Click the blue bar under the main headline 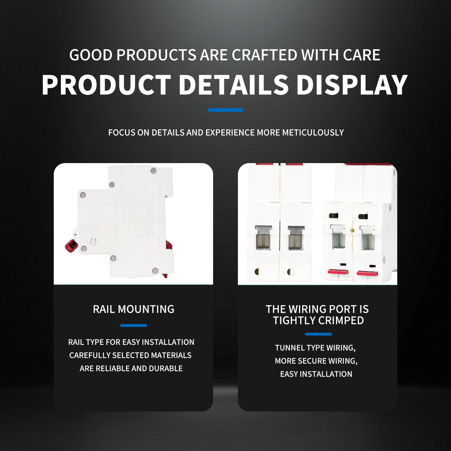tap(225, 110)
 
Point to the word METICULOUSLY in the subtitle tap(313, 133)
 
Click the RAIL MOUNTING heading tap(134, 309)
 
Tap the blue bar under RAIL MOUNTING tap(134, 325)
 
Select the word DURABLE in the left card tap(166, 368)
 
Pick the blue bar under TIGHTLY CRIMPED tap(318, 334)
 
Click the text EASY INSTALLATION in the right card tap(316, 374)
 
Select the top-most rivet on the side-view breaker tap(154, 170)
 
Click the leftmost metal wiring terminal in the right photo tap(263, 238)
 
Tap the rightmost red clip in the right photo tap(367, 273)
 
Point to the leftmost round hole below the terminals tap(258, 271)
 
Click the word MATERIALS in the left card tap(171, 355)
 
